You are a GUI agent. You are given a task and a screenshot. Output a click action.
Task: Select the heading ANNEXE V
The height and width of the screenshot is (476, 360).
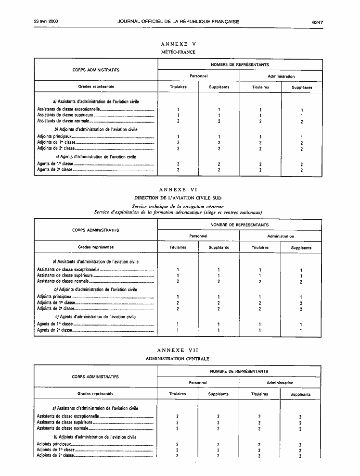click(178, 44)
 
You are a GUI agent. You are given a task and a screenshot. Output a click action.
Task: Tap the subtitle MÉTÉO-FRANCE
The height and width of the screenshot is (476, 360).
click(178, 52)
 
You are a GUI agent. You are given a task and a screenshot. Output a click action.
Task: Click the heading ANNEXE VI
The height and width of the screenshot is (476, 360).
click(178, 190)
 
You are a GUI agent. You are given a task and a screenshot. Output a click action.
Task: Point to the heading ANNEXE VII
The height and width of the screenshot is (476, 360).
click(178, 351)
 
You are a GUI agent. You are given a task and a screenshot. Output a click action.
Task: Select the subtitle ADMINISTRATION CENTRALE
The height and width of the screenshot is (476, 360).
click(178, 359)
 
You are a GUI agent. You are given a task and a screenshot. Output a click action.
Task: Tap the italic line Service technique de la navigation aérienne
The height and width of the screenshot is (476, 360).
click(178, 206)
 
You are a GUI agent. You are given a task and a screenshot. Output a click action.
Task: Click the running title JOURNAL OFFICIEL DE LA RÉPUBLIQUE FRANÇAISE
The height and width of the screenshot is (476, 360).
click(178, 22)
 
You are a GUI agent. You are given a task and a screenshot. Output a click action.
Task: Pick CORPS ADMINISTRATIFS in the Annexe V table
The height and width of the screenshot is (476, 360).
click(96, 70)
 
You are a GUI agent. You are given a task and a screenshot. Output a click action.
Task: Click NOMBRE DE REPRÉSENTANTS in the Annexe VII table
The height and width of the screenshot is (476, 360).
click(239, 371)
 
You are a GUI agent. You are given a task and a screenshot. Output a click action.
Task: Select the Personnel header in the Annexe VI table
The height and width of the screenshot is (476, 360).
click(198, 236)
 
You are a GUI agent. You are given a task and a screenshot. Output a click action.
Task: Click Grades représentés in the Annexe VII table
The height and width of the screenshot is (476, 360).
click(95, 394)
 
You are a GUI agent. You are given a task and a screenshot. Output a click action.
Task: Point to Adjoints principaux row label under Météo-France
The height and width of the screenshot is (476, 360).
click(54, 137)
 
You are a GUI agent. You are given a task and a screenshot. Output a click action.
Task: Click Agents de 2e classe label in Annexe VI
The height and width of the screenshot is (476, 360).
click(54, 331)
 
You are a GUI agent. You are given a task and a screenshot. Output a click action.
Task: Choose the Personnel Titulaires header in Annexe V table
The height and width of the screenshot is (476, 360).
click(178, 88)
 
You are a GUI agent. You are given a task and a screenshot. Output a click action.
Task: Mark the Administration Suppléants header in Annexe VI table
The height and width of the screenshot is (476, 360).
click(301, 248)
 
